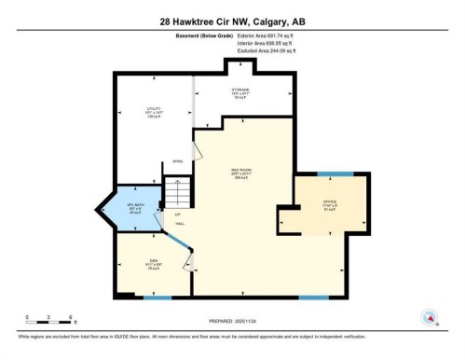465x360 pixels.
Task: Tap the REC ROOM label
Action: pyautogui.click(x=241, y=173)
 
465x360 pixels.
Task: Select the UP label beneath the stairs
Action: pyautogui.click(x=177, y=215)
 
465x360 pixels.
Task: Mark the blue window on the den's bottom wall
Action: pyautogui.click(x=157, y=298)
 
